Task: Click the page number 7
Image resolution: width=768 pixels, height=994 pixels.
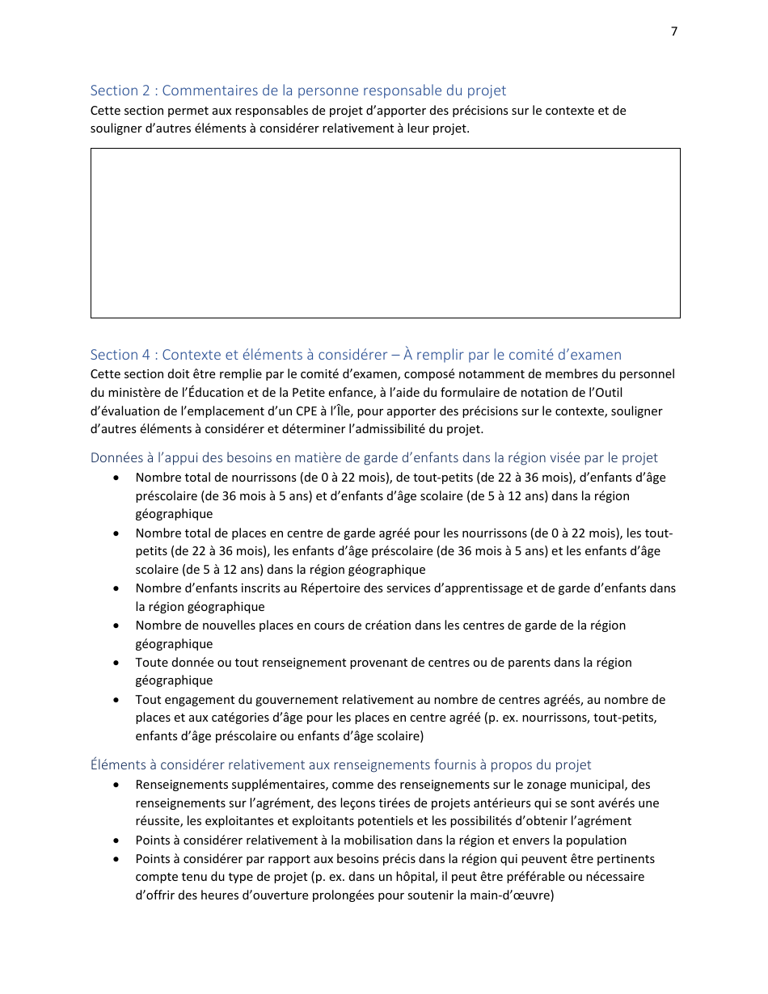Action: tap(674, 32)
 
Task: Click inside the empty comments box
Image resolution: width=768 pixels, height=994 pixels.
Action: tap(385, 233)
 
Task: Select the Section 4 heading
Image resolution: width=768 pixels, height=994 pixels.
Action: tap(356, 354)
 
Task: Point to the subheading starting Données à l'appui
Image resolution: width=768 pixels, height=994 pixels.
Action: tap(373, 457)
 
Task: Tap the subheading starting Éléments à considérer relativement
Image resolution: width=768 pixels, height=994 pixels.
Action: tap(340, 764)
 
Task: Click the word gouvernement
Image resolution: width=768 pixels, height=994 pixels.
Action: tap(262, 700)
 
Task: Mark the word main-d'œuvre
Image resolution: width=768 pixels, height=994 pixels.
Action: tap(515, 895)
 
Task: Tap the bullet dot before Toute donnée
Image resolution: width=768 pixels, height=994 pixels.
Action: tap(118, 663)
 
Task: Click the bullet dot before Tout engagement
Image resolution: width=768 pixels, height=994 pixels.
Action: tap(118, 700)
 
